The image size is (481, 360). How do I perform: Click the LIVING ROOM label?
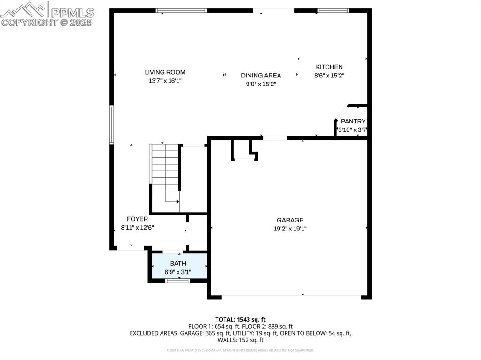[x=165, y=72]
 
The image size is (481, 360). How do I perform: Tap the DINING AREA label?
[x=261, y=76]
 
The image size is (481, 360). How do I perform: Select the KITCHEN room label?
[x=329, y=67]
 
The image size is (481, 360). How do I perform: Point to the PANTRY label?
[x=353, y=122]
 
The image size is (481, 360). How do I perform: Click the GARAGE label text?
[x=290, y=220]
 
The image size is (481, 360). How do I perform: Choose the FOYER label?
[x=137, y=219]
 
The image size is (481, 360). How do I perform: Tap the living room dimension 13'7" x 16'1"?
[x=165, y=81]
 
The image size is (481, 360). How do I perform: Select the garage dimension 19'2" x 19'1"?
[x=290, y=229]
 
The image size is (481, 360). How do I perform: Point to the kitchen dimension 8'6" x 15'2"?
[x=329, y=75]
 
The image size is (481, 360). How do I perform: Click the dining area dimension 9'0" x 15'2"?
[x=261, y=84]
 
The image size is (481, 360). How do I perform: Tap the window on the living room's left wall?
[x=112, y=124]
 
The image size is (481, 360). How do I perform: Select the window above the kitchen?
[x=333, y=10]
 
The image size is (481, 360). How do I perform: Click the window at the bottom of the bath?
[x=178, y=281]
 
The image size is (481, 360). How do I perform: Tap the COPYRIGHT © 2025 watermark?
[x=47, y=22]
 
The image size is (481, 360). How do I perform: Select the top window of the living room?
[x=181, y=10]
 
